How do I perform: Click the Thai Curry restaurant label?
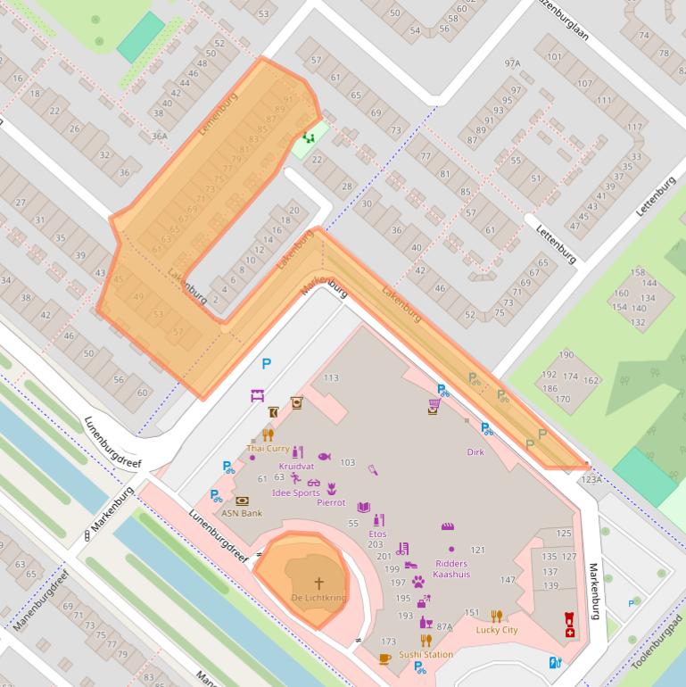(x=268, y=448)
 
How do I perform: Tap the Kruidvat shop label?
(x=296, y=466)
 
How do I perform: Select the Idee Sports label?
(x=295, y=492)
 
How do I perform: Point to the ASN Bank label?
(x=242, y=513)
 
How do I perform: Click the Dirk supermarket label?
(x=475, y=451)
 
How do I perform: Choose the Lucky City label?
(x=497, y=630)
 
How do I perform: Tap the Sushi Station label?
(x=426, y=654)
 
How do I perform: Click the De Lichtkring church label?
(x=318, y=596)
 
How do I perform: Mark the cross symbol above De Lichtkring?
(x=318, y=582)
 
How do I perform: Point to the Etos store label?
(x=377, y=534)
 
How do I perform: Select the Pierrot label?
(x=331, y=501)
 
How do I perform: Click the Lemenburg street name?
(x=215, y=116)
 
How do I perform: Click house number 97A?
(x=512, y=63)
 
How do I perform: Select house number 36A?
(x=160, y=136)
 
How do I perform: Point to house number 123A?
(x=591, y=479)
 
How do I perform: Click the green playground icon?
(x=309, y=137)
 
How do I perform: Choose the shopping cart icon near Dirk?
(x=434, y=405)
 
